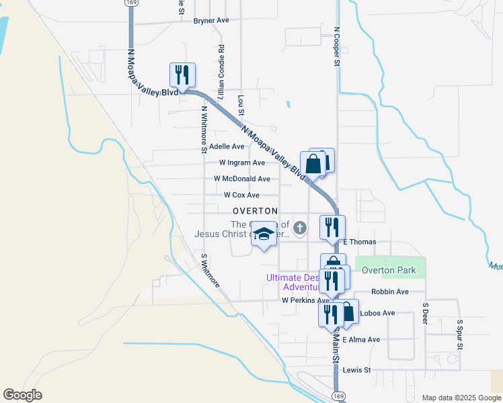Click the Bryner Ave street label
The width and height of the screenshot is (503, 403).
pyautogui.click(x=211, y=20)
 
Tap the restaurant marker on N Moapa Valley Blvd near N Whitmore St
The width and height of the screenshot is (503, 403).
pyautogui.click(x=182, y=75)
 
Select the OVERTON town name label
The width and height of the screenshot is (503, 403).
pyautogui.click(x=255, y=210)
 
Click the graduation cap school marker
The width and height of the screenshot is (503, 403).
pyautogui.click(x=264, y=234)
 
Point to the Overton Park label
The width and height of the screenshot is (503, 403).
pyautogui.click(x=389, y=271)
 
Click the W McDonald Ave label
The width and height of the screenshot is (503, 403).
pyautogui.click(x=242, y=179)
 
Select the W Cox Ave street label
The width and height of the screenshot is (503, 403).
pyautogui.click(x=241, y=195)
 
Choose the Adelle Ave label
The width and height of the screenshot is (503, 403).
pyautogui.click(x=227, y=146)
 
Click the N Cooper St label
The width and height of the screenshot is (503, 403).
pyautogui.click(x=336, y=46)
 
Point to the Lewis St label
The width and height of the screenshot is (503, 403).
pyautogui.click(x=356, y=370)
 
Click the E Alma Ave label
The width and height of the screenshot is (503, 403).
pyautogui.click(x=361, y=340)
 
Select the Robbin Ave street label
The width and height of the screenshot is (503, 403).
pyautogui.click(x=390, y=292)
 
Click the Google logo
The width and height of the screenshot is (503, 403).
pyautogui.click(x=23, y=395)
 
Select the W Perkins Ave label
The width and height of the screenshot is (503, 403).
pyautogui.click(x=305, y=300)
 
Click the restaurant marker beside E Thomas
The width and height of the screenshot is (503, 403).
pyautogui.click(x=333, y=227)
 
